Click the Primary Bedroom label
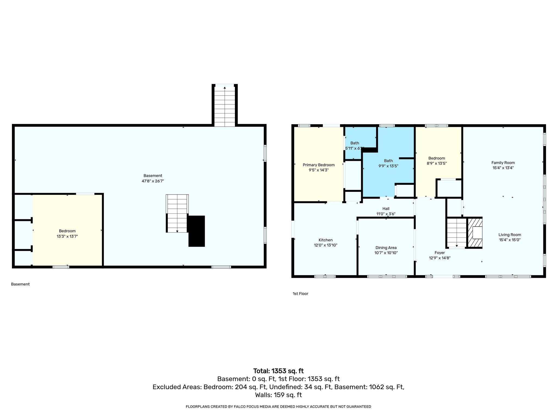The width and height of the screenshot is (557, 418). [318, 165]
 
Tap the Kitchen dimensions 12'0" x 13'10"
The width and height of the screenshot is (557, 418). [325, 245]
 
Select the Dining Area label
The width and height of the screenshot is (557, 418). [386, 248]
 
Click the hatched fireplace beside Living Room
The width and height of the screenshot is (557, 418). [475, 233]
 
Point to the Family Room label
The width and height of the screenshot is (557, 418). [503, 163]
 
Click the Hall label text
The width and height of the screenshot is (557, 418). [386, 209]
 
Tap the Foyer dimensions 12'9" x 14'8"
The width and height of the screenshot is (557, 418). [440, 258]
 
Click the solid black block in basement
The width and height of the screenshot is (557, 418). [197, 231]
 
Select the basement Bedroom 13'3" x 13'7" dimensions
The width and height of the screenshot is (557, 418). [67, 236]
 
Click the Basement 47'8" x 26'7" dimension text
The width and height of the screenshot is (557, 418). [153, 181]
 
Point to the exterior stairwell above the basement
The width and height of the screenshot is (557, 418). [225, 106]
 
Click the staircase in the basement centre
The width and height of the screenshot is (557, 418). [177, 213]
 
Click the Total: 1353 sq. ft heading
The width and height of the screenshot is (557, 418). [278, 371]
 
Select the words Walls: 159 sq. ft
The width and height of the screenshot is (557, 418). [278, 395]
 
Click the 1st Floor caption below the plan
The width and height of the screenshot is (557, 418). [300, 294]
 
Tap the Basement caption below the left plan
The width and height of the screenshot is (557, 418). [20, 284]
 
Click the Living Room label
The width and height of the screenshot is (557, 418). [510, 235]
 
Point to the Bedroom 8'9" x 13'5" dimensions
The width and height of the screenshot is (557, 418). [437, 164]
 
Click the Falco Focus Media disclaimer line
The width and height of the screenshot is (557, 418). [278, 407]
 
